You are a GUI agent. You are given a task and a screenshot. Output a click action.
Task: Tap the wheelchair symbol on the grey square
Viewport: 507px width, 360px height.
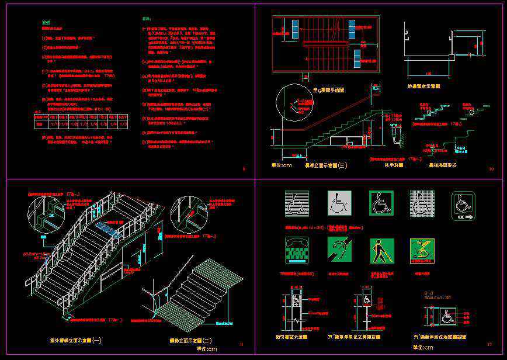tap(338, 202)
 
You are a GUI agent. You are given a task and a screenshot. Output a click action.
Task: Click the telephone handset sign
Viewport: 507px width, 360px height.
tap(297, 250)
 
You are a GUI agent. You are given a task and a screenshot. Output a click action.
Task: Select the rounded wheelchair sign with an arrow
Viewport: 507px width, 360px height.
tap(463, 206)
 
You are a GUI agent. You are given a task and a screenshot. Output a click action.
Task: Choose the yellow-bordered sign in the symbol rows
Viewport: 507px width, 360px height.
tap(422, 251)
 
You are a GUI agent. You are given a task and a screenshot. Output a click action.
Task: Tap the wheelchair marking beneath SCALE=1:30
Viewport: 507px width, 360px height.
tap(447, 318)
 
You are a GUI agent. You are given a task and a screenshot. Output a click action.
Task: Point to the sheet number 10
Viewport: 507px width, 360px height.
tap(491, 169)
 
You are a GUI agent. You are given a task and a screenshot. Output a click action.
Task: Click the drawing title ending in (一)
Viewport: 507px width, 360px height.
tap(77, 340)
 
